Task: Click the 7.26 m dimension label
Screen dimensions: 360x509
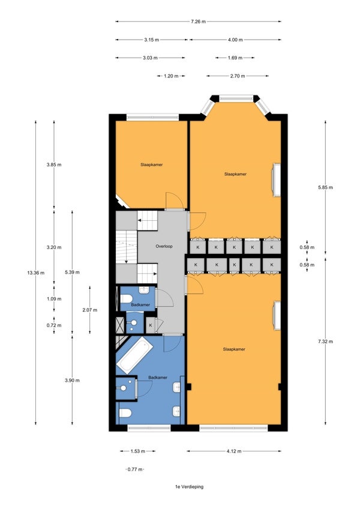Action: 198,22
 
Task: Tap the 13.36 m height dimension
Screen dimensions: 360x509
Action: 36,273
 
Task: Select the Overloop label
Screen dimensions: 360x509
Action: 164,246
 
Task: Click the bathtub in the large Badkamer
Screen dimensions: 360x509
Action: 134,355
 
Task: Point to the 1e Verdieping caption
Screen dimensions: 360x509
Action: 189,487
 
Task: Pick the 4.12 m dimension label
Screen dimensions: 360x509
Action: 234,451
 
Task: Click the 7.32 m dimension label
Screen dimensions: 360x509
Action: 325,342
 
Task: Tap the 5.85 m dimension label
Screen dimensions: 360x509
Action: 325,187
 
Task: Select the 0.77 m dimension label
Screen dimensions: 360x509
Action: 135,469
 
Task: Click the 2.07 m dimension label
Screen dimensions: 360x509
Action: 90,310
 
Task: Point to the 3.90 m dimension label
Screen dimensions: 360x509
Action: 72,381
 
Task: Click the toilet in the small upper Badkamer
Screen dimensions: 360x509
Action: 126,298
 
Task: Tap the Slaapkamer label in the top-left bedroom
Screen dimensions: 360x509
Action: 152,164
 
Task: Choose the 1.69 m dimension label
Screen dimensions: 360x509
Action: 235,58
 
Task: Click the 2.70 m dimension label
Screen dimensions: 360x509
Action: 237,76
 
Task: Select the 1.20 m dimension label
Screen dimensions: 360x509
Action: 171,76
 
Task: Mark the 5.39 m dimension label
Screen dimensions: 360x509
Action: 72,273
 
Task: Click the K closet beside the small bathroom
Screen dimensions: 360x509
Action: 151,325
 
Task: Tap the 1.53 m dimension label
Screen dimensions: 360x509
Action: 137,451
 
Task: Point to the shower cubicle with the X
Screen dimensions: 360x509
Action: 121,325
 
